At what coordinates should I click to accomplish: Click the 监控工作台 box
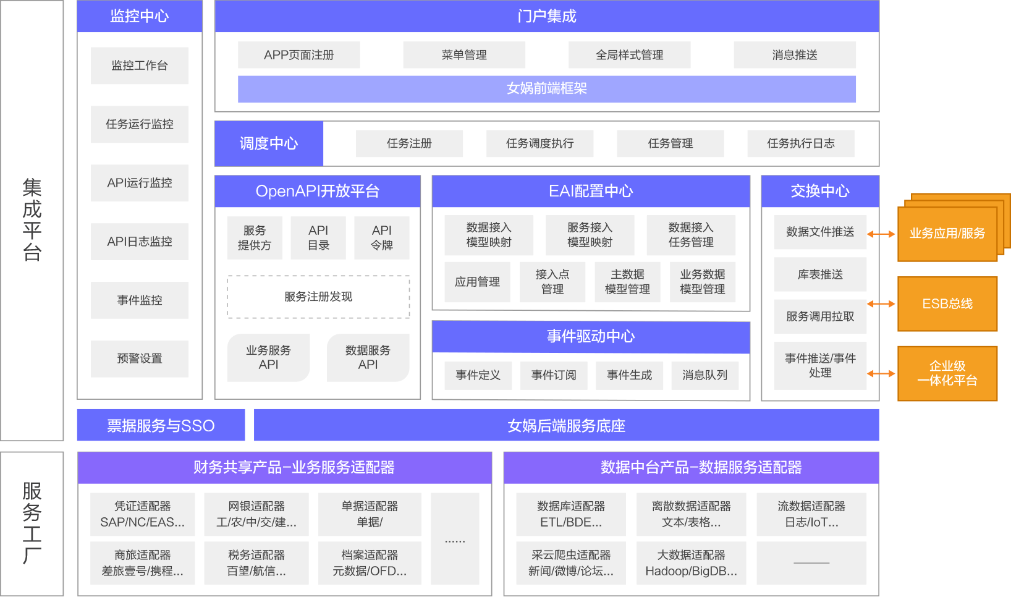click(x=140, y=66)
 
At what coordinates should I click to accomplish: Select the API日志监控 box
click(x=140, y=242)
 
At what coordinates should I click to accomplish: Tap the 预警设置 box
click(x=140, y=358)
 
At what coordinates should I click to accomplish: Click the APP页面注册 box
click(x=298, y=55)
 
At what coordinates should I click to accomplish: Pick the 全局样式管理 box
click(x=629, y=55)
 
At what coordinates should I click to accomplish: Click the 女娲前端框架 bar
click(x=547, y=88)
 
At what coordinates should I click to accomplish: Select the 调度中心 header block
click(x=269, y=143)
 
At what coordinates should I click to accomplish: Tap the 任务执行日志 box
click(x=800, y=143)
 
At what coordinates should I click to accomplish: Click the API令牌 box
click(x=382, y=237)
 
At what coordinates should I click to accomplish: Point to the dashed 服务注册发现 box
click(x=318, y=297)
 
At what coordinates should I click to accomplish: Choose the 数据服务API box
click(x=368, y=357)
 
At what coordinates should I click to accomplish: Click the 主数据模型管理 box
click(x=627, y=282)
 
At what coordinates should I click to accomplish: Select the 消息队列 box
click(x=704, y=375)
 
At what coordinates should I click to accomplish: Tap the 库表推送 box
click(x=820, y=274)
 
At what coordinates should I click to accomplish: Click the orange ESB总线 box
click(x=947, y=304)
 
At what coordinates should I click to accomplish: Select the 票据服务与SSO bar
click(x=161, y=425)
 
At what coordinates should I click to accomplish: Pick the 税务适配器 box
click(x=256, y=563)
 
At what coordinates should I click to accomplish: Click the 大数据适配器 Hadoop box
click(x=691, y=563)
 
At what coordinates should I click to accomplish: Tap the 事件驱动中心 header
click(x=591, y=336)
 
